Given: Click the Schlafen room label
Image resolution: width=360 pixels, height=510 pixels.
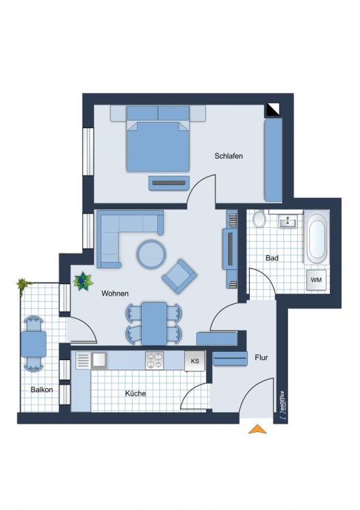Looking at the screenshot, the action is pos(229,156).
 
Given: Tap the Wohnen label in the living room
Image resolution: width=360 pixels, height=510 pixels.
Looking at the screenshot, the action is pos(115,294).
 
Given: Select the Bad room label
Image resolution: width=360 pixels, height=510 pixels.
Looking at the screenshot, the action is pos(272,258).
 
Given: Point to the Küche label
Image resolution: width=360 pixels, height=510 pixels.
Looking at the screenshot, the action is pos(136,394).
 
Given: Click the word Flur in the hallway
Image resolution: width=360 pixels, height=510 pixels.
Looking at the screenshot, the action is pos(261,358).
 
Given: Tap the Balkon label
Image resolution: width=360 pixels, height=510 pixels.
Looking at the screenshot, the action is pos(42,390).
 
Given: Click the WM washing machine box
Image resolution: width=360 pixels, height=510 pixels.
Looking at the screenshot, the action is pos(316,280).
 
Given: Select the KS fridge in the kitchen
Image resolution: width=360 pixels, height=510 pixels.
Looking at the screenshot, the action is pos(195,361).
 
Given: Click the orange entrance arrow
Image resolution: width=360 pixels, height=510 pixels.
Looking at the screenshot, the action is pos(257,429).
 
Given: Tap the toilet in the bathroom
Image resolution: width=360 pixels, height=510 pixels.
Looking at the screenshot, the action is pos(259,219).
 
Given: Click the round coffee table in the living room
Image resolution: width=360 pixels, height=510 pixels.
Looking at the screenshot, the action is pos(151,254).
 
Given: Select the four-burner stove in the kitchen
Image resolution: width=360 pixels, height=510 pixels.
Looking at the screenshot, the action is pos(155,360).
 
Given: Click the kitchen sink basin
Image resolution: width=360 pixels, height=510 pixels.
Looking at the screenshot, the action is pos(99,360).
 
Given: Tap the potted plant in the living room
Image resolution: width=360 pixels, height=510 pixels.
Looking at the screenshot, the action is pos(83,281).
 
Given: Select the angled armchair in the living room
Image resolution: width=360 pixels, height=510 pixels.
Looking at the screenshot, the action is pos(179,277).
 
